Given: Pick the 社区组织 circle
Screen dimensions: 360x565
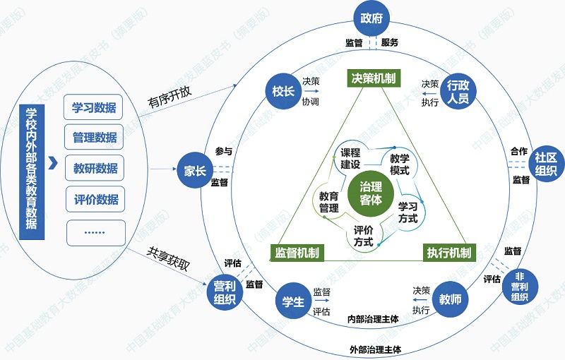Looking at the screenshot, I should coord(545,164).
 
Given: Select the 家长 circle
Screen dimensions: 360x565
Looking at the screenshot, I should coord(195,170).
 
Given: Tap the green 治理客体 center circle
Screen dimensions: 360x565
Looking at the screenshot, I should coord(370,193).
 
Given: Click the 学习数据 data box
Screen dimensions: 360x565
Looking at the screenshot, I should coord(94,109).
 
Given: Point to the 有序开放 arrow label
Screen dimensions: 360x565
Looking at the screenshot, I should coord(169,101).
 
